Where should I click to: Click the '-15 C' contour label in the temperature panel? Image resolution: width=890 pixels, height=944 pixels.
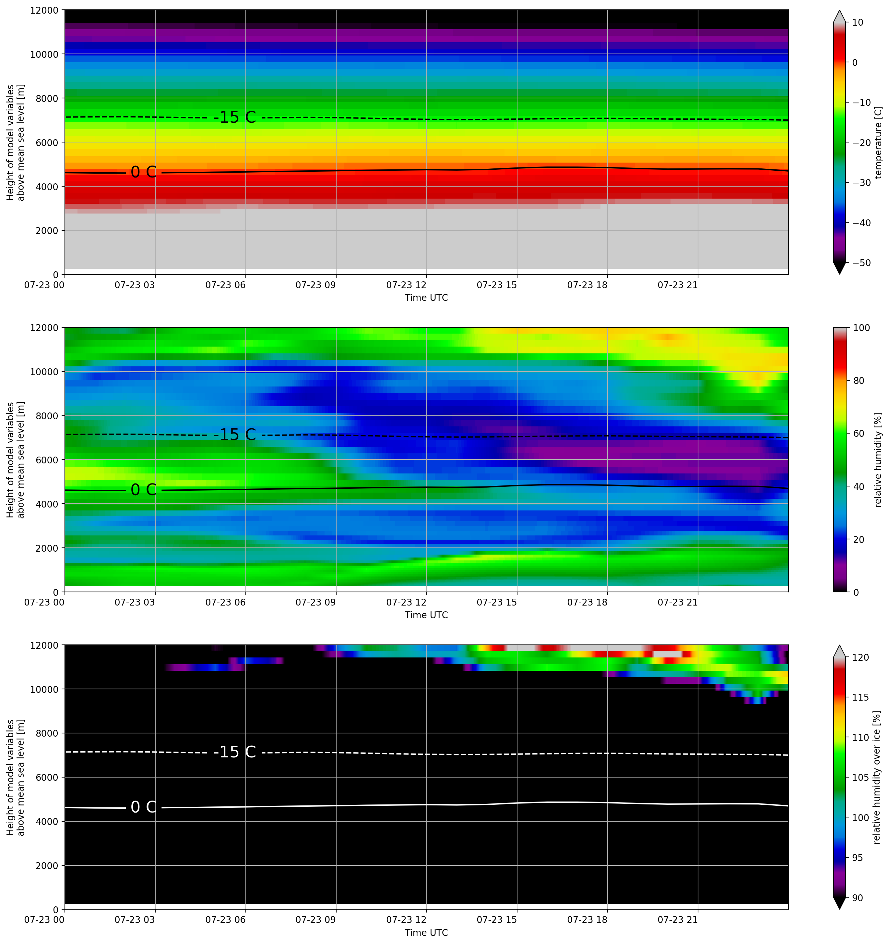235,117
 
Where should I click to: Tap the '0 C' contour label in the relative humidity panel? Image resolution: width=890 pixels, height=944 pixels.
144,490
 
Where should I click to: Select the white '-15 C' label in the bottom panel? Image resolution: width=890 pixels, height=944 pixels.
235,752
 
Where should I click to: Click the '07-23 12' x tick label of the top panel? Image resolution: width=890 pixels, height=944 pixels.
406,285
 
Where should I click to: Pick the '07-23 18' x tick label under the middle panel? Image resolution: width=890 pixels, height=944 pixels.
587,602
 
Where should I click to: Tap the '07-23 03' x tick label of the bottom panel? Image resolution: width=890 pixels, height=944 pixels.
135,920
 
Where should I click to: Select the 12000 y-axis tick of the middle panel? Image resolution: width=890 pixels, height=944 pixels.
44,328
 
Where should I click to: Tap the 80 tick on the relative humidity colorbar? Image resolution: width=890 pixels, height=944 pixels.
858,380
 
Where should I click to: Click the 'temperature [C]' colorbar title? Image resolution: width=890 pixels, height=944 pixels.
878,142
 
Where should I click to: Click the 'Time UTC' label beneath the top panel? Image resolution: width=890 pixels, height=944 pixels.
426,298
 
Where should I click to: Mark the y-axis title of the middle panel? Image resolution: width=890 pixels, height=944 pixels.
15,460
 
